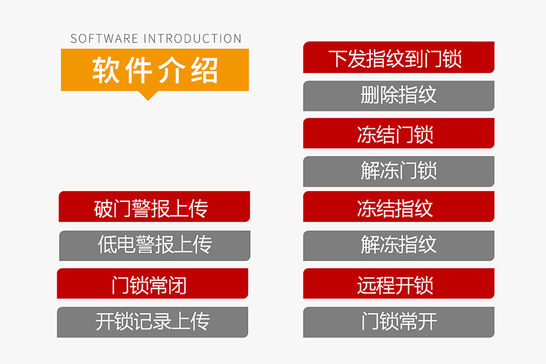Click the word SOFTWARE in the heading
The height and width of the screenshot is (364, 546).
tap(104, 38)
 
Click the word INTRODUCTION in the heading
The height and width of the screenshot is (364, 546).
tap(192, 38)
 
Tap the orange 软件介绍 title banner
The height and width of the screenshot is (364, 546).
tap(155, 69)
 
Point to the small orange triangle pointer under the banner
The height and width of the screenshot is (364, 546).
tap(148, 95)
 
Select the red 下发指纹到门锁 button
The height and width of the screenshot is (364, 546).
tap(399, 57)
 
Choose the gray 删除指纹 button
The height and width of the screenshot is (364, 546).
tap(399, 96)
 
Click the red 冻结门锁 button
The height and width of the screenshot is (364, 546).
tap(399, 133)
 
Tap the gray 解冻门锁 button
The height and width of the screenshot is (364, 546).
tap(399, 172)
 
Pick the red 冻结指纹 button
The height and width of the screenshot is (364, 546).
tap(399, 207)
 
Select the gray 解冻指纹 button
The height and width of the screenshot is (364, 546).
tap(399, 245)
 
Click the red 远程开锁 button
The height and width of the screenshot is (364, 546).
tap(399, 283)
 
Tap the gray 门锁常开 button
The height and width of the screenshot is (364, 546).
tap(399, 322)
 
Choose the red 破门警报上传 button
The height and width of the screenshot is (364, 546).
tap(154, 207)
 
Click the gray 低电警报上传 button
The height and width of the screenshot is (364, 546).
tap(154, 245)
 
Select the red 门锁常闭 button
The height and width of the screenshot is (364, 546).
tap(153, 283)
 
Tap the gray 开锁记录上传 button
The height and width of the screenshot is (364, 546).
tap(153, 322)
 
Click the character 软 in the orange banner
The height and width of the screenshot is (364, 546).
tap(105, 70)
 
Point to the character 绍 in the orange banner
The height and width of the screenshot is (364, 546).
tap(205, 70)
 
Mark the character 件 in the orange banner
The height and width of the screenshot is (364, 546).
tap(138, 70)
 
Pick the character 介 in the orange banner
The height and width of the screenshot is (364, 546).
tap(172, 70)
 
